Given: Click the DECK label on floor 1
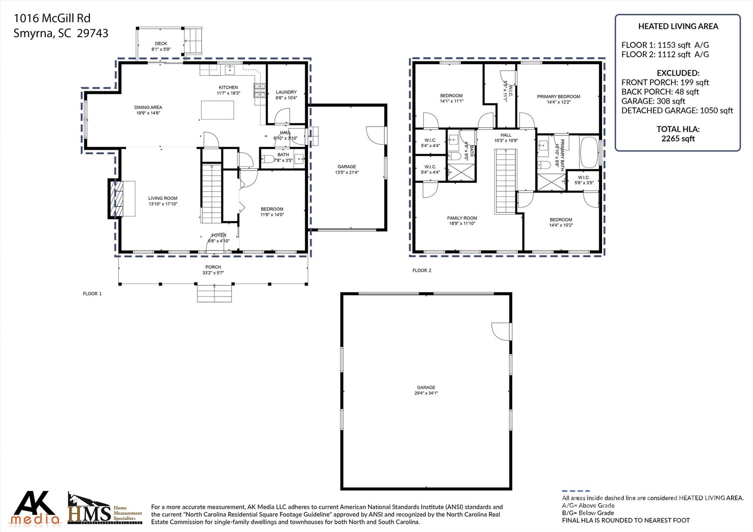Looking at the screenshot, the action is [x=161, y=44].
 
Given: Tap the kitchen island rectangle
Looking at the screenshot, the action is [x=218, y=110].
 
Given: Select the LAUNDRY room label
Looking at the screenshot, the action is [x=286, y=92].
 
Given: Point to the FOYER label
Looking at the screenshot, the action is [x=219, y=235].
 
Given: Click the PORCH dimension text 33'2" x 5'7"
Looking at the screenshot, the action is [x=213, y=273].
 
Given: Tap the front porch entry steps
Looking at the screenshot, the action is [x=214, y=293].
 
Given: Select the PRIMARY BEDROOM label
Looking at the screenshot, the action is [x=558, y=97].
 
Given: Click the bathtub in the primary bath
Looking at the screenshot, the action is [x=589, y=152].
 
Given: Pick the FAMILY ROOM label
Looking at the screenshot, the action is [x=462, y=218].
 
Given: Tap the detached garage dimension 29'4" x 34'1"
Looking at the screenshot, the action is [x=426, y=393].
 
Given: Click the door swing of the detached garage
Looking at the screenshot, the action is [x=501, y=331].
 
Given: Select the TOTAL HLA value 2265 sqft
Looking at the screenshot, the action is [x=678, y=139].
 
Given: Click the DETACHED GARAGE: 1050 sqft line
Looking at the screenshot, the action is [x=677, y=111].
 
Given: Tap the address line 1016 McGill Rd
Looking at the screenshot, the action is [x=52, y=18].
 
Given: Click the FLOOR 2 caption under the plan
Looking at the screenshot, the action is [x=422, y=271].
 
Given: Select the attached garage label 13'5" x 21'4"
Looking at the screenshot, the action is [x=347, y=172].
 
